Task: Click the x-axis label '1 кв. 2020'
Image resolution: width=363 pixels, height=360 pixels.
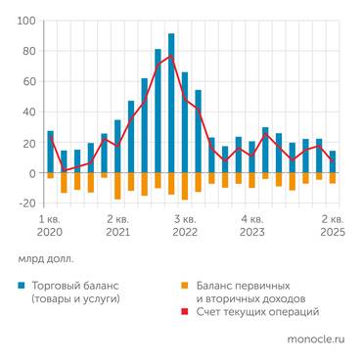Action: [x=50, y=226]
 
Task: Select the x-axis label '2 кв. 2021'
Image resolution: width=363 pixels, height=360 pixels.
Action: [x=117, y=226]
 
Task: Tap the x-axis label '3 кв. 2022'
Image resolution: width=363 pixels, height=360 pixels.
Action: [x=185, y=226]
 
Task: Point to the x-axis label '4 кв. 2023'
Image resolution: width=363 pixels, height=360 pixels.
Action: [x=252, y=226]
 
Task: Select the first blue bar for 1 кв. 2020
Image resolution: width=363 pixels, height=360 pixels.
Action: [x=50, y=152]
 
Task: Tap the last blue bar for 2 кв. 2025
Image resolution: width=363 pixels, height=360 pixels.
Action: [x=333, y=161]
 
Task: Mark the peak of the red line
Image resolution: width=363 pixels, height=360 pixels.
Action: [x=171, y=56]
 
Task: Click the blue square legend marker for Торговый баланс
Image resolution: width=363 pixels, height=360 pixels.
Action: [x=23, y=285]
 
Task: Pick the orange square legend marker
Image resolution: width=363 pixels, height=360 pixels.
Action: [x=189, y=285]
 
